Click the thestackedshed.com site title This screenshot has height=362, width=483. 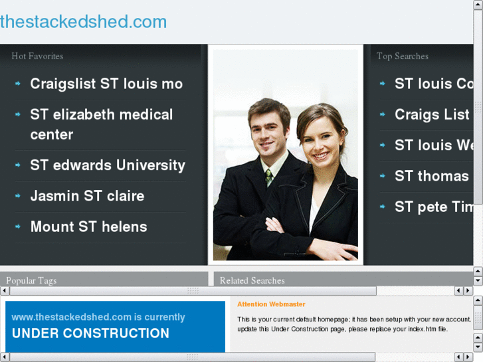(84, 22)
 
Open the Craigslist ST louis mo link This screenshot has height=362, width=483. (106, 84)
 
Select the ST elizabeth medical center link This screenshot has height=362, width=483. (101, 124)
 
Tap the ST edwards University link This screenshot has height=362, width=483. (108, 165)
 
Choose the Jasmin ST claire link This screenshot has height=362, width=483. (87, 196)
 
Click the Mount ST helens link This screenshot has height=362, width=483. (88, 226)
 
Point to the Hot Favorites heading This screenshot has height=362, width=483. (37, 56)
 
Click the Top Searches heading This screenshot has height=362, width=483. (402, 56)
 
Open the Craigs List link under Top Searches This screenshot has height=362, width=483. (432, 115)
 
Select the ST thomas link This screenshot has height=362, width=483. (431, 176)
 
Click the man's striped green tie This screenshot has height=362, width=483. (269, 177)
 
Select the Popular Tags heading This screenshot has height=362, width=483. (31, 281)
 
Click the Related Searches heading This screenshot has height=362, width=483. (252, 281)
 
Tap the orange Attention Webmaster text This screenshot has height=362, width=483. (271, 304)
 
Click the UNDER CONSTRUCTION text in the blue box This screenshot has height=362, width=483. (90, 333)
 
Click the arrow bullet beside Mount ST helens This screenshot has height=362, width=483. (18, 226)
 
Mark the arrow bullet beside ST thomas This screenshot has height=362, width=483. (383, 176)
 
